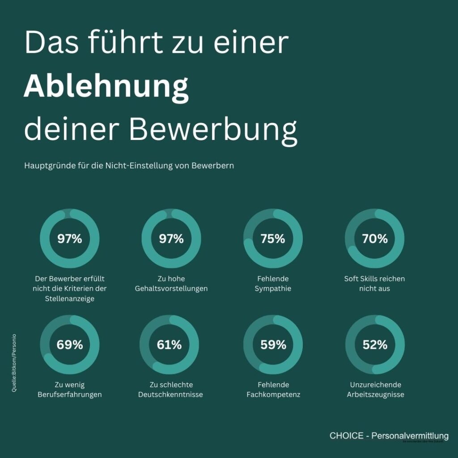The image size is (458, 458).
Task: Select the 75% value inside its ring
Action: coord(273,239)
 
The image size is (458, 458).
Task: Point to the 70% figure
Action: coord(375,239)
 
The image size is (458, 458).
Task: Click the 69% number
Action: coord(70,345)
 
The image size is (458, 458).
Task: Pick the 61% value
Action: coord(169,345)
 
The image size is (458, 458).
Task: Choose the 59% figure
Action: coord(273,345)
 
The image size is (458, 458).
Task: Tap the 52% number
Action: coord(375,345)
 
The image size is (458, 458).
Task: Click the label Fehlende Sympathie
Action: coord(273,284)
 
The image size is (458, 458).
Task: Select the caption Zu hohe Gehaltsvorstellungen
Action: coord(171,284)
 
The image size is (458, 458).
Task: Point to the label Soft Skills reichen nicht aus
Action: coord(375,284)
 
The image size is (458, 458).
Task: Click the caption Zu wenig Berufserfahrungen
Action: coord(70,390)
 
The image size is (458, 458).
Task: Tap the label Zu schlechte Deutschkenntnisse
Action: coord(170,390)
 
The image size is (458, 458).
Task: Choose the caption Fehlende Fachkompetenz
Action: coord(273,390)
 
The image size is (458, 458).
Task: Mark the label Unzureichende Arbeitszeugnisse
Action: coord(375,390)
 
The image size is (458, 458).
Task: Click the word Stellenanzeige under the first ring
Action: coord(70,298)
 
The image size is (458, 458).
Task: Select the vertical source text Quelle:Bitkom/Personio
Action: coord(15,363)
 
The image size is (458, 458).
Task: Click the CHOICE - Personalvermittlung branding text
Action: coord(389,436)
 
